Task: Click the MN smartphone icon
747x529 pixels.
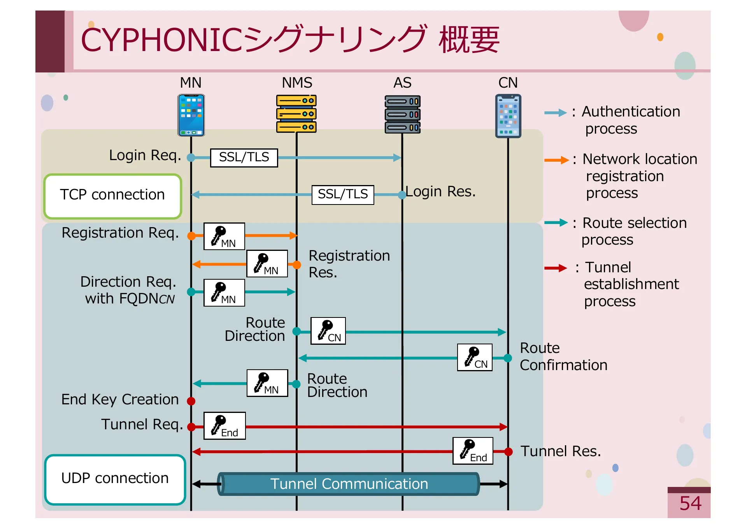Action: click(x=191, y=115)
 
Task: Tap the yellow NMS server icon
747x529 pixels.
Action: click(x=296, y=114)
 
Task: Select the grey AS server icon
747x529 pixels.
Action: click(x=403, y=114)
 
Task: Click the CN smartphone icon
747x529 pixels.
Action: click(x=508, y=116)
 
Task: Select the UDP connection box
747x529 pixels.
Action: click(x=115, y=479)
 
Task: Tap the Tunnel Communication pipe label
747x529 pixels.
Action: click(x=349, y=484)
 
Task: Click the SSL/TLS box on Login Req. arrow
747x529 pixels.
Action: click(x=244, y=158)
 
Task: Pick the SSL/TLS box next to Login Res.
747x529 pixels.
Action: click(x=343, y=194)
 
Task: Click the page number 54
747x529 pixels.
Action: click(x=690, y=503)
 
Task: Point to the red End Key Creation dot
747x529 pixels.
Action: click(x=191, y=401)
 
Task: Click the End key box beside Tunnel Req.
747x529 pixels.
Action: click(x=224, y=426)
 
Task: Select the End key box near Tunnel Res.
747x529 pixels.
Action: click(x=473, y=451)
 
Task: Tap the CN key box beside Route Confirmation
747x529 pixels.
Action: click(x=475, y=357)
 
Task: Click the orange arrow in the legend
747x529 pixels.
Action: click(x=556, y=160)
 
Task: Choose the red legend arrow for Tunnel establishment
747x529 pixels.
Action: click(x=556, y=268)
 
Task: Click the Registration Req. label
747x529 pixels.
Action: click(x=120, y=233)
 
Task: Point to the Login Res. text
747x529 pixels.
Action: click(x=440, y=192)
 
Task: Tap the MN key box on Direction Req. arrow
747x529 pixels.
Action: click(x=224, y=293)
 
